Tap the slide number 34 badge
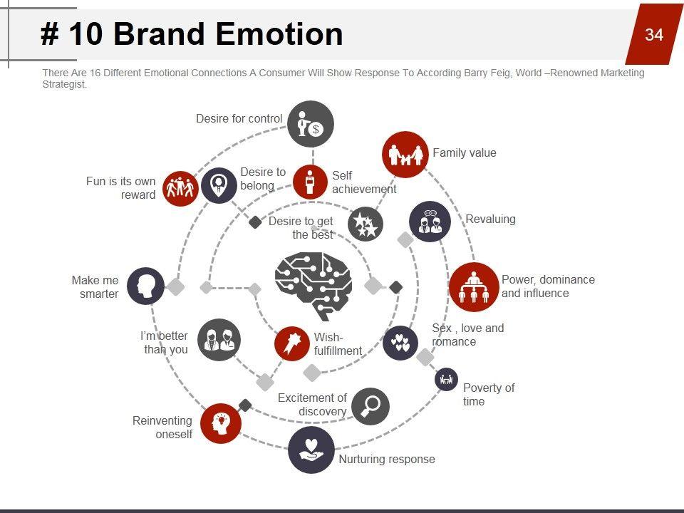[654, 34]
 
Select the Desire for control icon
[311, 124]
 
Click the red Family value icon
[405, 154]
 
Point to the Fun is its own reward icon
[180, 188]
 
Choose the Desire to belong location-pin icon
[219, 186]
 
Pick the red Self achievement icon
[310, 182]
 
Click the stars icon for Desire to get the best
[366, 224]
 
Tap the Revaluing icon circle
[430, 222]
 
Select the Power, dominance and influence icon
[474, 286]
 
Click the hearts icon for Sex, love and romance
[400, 343]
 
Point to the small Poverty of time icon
[446, 380]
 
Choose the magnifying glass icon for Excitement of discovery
[370, 406]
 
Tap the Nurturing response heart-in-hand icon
[311, 450]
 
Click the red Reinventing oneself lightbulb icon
[221, 423]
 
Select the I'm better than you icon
[219, 340]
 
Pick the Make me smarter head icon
[146, 286]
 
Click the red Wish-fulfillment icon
[291, 344]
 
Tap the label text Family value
[464, 153]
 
